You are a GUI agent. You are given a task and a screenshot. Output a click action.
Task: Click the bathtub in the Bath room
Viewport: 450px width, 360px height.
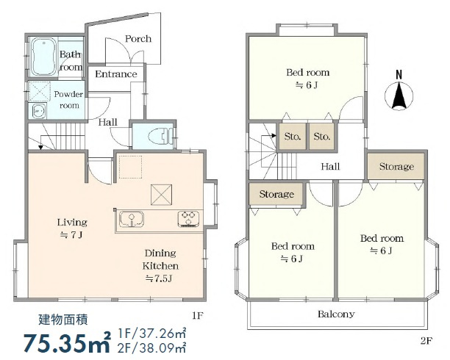(x=43, y=57)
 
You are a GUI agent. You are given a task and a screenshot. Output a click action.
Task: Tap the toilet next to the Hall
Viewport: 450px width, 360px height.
(x=160, y=135)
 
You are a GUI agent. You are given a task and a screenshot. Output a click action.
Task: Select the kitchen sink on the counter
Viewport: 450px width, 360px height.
(x=132, y=220)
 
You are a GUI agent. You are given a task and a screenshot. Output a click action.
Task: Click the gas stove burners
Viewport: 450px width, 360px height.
(x=188, y=219)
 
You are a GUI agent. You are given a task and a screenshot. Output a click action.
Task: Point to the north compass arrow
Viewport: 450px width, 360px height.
(x=399, y=95)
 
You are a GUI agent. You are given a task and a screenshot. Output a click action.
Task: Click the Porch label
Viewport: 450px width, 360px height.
(x=138, y=39)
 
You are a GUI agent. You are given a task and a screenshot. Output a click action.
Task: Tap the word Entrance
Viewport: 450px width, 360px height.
(x=116, y=74)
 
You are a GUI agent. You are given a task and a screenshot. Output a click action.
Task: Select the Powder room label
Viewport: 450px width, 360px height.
(x=69, y=99)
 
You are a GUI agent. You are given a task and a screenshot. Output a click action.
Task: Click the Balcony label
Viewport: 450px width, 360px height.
(x=336, y=314)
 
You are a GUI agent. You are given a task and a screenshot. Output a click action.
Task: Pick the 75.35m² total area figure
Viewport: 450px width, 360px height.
(x=67, y=342)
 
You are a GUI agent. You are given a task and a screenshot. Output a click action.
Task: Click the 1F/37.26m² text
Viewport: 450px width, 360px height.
(x=151, y=334)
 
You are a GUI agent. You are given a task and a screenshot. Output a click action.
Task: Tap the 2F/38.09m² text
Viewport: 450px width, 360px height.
(x=151, y=348)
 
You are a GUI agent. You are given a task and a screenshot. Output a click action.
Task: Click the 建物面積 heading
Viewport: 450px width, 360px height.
(x=63, y=320)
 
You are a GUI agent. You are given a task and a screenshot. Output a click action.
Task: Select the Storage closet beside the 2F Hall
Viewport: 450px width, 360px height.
(x=396, y=166)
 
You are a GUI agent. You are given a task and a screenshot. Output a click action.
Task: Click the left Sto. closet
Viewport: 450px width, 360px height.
(x=293, y=136)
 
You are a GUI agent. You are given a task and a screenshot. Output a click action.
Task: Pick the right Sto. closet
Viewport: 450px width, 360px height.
(x=322, y=136)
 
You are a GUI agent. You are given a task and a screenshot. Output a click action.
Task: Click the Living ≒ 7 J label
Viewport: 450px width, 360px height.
(x=72, y=228)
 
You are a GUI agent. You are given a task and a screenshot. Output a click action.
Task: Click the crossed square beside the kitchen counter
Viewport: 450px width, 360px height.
(x=162, y=195)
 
